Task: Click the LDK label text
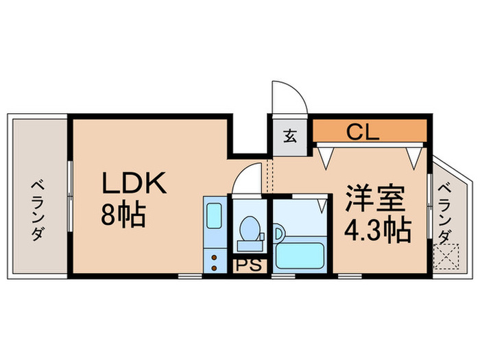(x=134, y=184)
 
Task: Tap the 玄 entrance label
(x=290, y=135)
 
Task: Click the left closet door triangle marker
(x=326, y=155)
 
